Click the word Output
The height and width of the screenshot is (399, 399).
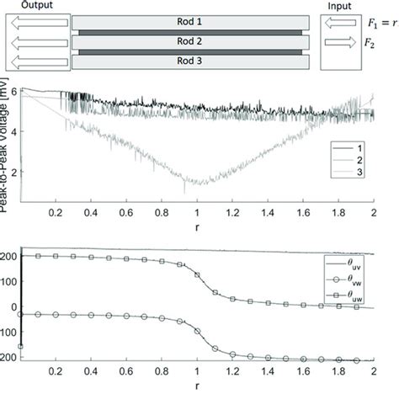point(26,6)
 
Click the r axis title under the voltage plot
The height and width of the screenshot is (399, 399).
point(196,228)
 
